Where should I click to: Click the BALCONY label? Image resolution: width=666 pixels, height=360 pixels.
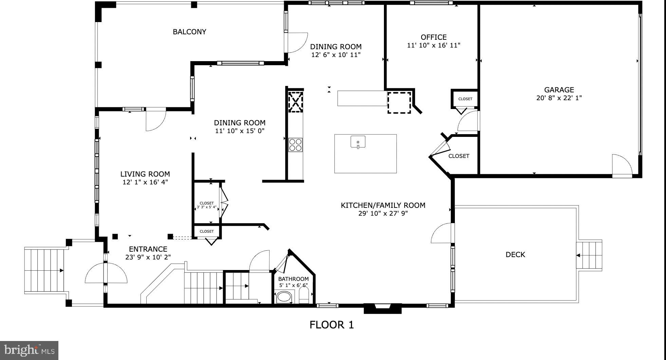189,32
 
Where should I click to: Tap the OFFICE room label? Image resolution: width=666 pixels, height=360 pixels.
433,37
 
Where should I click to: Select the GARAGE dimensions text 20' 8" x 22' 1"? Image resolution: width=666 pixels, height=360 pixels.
559,98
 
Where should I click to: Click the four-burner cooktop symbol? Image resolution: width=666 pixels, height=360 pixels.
295,145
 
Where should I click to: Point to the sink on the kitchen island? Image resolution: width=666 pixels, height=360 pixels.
358,142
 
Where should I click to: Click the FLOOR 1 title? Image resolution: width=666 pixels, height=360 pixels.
331,325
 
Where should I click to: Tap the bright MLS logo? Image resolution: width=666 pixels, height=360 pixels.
29,350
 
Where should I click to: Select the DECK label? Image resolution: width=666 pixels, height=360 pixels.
515,255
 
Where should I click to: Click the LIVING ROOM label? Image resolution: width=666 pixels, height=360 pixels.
145,174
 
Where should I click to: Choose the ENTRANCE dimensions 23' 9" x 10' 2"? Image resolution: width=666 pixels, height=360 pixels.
148,257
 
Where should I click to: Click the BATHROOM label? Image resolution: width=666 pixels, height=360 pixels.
293,279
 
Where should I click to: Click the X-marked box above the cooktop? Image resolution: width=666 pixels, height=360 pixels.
295,101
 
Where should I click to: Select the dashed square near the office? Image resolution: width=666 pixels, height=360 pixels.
400,102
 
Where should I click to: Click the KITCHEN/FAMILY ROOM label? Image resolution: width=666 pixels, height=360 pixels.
383,205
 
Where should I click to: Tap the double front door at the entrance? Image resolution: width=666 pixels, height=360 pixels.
106,273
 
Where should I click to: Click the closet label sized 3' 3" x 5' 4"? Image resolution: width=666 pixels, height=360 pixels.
207,205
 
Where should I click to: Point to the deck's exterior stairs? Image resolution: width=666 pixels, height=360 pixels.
590,255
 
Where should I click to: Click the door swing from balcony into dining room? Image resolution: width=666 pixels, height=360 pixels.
296,42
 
